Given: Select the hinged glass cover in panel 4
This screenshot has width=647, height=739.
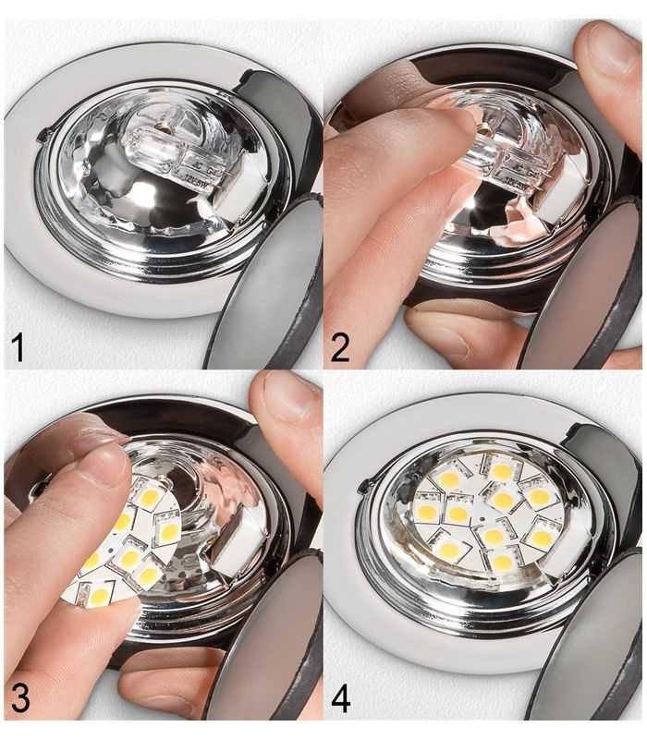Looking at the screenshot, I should point(592,647).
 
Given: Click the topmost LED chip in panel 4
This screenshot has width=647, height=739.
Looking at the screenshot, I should point(500,470).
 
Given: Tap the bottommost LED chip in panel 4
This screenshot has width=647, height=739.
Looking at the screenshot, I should point(501,563).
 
